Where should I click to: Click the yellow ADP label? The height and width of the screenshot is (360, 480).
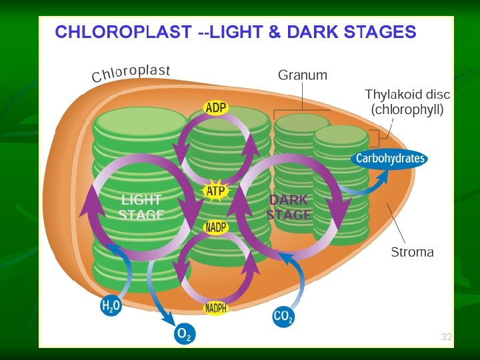pos(215,108)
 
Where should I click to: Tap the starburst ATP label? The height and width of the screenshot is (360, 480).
pos(215,192)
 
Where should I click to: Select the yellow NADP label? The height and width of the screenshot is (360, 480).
pos(215,228)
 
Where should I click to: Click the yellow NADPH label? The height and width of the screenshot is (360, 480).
pos(215,309)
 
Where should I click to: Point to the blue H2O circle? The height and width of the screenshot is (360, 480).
pos(111,307)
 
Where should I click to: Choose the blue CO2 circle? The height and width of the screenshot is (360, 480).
pos(283,317)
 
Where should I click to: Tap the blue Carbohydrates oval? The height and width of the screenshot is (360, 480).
pos(390,159)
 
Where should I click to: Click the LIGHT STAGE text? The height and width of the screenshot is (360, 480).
pos(141,207)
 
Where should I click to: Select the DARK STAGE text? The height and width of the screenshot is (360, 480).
pos(289,207)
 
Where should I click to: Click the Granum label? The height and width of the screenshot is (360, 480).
pos(303,75)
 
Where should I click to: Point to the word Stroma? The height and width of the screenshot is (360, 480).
pos(412,252)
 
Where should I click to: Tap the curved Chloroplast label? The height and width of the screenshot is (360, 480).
pos(131,74)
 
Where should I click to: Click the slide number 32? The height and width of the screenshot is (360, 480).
pos(446,337)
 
